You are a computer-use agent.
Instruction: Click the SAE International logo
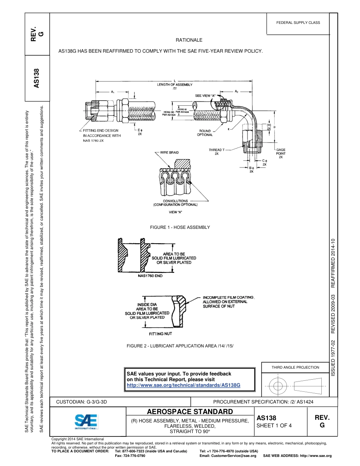[86, 421]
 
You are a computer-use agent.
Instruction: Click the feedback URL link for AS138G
[183, 385]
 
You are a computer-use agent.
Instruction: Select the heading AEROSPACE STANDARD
[189, 412]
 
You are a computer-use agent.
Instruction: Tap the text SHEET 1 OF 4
[274, 425]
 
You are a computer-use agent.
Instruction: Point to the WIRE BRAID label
[169, 152]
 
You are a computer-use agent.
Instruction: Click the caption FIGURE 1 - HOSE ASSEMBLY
[180, 227]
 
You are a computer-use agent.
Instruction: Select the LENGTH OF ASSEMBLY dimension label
[175, 85]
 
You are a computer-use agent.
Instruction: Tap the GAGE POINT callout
[281, 153]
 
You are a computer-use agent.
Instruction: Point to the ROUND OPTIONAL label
[205, 133]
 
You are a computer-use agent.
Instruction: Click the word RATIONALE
[189, 40]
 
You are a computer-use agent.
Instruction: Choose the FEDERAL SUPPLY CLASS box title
[298, 23]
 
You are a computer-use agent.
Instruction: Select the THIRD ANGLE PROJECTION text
[295, 367]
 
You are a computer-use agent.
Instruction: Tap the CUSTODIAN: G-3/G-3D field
[81, 402]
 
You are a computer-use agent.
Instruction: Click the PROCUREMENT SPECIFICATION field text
[263, 402]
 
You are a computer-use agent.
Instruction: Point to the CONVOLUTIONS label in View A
[175, 201]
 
